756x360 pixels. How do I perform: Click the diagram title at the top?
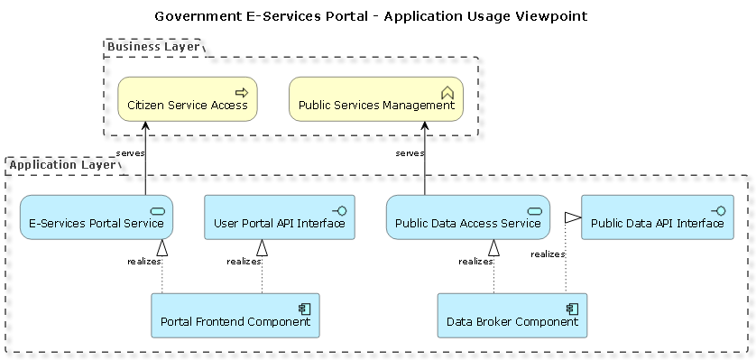371,16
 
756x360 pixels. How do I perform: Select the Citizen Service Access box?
188,98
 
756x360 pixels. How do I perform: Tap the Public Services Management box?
376,98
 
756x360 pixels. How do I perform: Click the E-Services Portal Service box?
97,217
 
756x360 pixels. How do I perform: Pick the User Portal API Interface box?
280,217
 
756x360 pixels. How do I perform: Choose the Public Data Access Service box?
468,217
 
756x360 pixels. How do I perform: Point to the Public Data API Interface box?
658,217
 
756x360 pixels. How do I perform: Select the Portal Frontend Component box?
235,315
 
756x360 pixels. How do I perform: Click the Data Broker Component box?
512,315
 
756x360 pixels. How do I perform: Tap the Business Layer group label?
153,47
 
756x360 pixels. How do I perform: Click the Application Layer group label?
62,165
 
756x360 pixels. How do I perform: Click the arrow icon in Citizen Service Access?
242,93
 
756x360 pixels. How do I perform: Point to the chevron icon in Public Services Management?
447,93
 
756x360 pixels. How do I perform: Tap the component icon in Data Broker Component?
572,309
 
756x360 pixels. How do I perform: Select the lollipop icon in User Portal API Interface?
339,210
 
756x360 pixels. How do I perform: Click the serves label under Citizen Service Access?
130,153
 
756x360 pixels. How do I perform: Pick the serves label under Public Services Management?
410,153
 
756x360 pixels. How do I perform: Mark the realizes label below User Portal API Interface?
244,262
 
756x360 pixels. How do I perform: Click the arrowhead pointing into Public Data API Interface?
573,217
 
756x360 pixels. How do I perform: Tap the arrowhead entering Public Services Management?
425,125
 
